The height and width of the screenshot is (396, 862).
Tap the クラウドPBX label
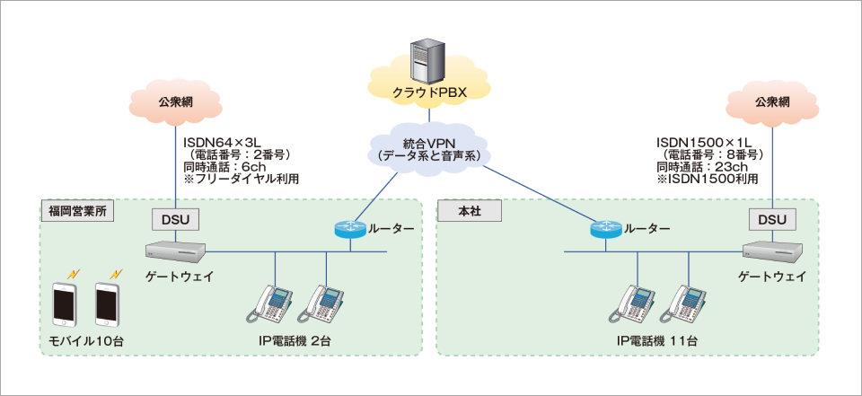tap(429, 92)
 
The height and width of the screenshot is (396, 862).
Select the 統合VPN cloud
tap(428, 148)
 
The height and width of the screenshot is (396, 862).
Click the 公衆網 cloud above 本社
tap(771, 101)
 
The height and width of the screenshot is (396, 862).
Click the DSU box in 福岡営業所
tap(174, 219)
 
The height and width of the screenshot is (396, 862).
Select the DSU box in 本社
tap(771, 219)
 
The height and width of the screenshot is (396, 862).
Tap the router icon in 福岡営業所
tap(346, 229)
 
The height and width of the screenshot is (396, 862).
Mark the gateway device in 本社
tap(770, 249)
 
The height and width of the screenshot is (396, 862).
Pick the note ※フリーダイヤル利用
tap(241, 180)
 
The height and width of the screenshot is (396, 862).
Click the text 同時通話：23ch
tap(702, 167)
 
